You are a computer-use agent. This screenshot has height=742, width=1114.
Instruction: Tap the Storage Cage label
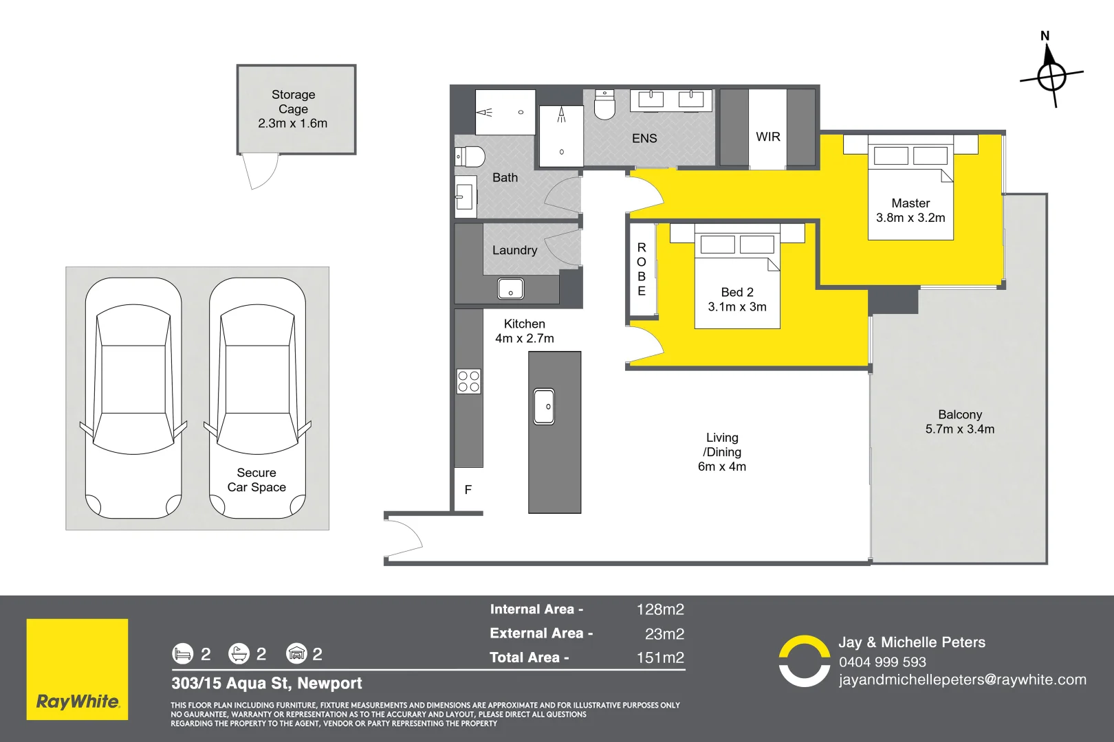point(293,102)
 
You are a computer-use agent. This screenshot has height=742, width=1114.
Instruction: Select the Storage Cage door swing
point(261,171)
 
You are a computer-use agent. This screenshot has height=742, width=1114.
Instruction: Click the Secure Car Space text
point(256,480)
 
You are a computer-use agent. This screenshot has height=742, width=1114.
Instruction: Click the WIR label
point(768,137)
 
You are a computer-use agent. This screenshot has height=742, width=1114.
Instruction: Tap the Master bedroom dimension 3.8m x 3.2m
point(910,218)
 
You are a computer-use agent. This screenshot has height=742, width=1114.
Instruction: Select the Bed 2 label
point(737,292)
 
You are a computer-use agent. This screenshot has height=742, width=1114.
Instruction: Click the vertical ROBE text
point(642,269)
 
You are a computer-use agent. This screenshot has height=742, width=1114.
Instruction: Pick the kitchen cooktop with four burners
point(469,381)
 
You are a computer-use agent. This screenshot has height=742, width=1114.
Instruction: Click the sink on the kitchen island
point(544,406)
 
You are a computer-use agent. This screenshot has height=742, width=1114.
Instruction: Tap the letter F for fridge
point(468,490)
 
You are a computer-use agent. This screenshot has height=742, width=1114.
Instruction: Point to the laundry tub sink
point(510,289)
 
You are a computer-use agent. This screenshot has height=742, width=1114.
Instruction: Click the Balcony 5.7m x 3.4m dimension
point(960,429)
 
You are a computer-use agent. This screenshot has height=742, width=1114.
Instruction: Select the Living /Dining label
point(722,445)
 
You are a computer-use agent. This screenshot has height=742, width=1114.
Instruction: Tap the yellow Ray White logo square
point(77,669)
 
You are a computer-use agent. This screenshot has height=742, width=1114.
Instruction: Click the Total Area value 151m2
point(660,657)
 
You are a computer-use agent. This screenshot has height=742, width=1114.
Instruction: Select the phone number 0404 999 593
point(882,662)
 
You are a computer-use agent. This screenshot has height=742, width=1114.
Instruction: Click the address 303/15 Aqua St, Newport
point(267,684)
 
